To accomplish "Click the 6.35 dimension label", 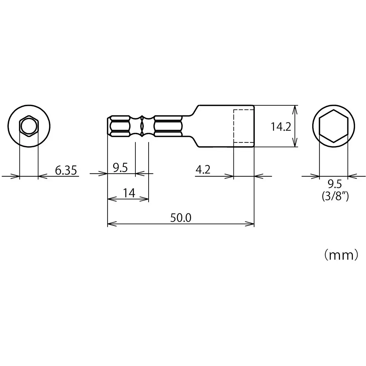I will (x=66, y=170).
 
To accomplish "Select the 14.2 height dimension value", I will (x=281, y=127).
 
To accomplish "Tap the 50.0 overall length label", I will (x=180, y=218).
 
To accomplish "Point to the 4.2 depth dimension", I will (x=203, y=169).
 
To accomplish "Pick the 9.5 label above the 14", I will (x=120, y=168).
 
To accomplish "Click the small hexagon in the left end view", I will (x=29, y=126).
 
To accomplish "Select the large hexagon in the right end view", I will (x=333, y=126).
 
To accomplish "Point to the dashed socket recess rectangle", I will (x=243, y=126).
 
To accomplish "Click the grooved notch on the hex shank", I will (x=142, y=126).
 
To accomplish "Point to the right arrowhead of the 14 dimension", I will (x=146, y=199).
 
